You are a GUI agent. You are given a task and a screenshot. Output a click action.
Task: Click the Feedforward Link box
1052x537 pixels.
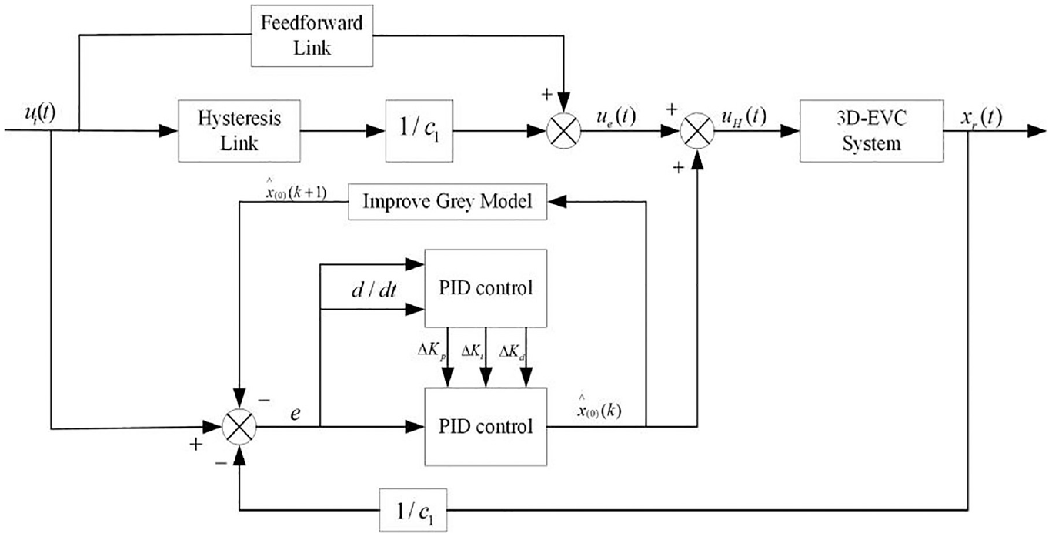(312, 35)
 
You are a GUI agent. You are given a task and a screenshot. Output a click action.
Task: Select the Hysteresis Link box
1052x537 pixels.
(239, 131)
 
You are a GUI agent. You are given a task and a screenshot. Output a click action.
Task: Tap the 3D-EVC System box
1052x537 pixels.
(872, 131)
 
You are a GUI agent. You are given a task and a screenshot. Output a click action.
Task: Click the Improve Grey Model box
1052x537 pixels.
(448, 202)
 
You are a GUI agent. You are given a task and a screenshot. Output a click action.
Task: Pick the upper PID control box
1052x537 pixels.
(486, 288)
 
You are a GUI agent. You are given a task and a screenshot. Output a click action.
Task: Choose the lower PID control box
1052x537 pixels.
(486, 427)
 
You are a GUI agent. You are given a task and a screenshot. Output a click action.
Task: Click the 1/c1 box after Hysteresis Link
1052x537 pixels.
(419, 131)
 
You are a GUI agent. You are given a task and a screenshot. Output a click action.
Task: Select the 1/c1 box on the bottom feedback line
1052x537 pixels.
(413, 510)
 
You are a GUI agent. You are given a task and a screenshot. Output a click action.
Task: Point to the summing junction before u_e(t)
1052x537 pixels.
(563, 131)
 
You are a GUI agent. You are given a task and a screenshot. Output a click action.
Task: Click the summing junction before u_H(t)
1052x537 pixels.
(697, 131)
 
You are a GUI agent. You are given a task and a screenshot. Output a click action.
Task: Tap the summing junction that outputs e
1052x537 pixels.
(239, 427)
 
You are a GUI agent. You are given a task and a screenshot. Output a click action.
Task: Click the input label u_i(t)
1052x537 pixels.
(40, 114)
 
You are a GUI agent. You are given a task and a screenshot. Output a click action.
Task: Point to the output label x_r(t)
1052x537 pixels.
(980, 118)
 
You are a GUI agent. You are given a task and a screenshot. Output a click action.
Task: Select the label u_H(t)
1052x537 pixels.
(744, 116)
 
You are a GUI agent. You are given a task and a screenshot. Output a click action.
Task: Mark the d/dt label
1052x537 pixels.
(373, 290)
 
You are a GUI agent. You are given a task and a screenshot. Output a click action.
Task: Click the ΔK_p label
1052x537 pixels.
(431, 352)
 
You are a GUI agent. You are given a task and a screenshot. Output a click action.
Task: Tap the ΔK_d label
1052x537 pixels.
(512, 352)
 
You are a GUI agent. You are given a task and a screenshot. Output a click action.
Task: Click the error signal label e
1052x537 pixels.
(295, 414)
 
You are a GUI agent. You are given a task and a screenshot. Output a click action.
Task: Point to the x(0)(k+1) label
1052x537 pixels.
(296, 190)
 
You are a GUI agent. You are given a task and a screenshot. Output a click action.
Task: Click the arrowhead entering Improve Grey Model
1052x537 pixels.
(557, 202)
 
